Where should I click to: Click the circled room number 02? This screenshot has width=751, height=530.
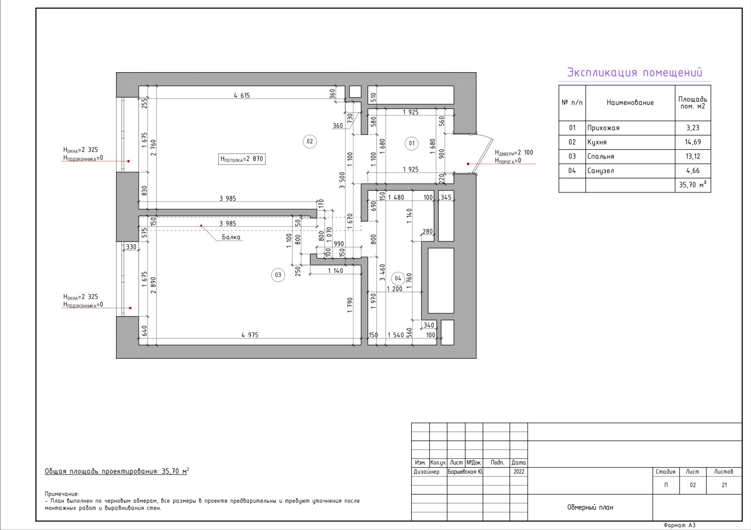click(309, 141)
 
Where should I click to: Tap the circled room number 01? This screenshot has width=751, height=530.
click(411, 144)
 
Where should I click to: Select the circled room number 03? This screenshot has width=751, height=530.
click(278, 275)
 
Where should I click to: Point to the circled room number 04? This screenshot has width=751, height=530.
click(398, 279)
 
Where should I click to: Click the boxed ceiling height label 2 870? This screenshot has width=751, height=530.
click(242, 159)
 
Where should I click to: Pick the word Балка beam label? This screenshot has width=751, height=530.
click(231, 237)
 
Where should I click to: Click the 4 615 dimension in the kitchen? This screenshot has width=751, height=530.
click(242, 96)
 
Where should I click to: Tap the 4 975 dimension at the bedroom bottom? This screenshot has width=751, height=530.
click(250, 335)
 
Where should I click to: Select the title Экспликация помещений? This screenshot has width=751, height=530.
click(634, 72)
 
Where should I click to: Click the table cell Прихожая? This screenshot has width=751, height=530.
click(603, 128)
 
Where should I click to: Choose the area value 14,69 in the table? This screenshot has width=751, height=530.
click(693, 142)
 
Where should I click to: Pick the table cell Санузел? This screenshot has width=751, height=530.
click(600, 171)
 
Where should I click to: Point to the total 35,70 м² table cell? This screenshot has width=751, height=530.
click(693, 185)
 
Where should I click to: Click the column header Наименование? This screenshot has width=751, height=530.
click(630, 103)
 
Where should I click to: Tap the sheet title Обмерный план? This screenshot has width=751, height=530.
click(590, 507)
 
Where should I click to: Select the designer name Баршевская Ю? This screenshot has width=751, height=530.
click(465, 472)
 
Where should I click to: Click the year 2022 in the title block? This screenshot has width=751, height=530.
click(519, 472)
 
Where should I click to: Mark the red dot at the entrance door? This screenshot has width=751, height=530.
click(468, 164)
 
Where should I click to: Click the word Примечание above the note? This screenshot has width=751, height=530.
click(61, 494)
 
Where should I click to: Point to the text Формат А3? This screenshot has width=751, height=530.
click(680, 525)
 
